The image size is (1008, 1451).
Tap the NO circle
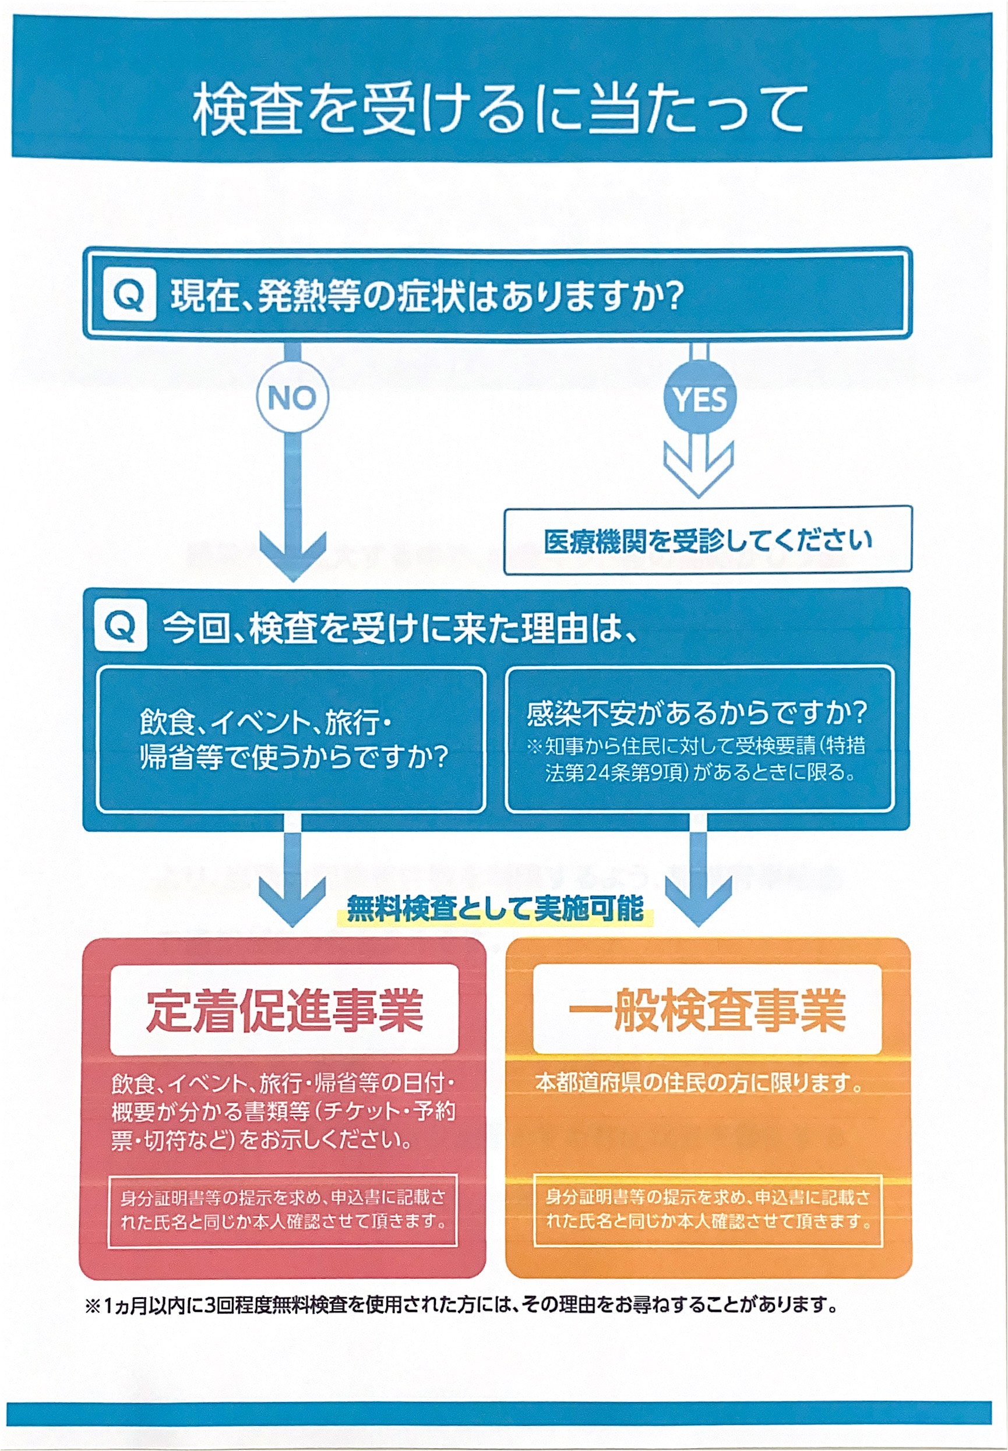pos(292,397)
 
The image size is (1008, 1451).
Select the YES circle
pos(699,398)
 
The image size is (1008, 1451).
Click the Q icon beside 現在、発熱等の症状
pos(129,294)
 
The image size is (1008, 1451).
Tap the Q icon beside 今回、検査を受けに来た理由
pos(121,625)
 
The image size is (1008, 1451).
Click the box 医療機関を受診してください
pos(707,540)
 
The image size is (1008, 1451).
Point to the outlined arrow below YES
pos(699,467)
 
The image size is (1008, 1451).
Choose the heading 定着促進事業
pos(284,1009)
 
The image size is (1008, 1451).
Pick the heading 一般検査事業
pos(707,1009)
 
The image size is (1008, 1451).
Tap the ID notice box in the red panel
pos(283,1211)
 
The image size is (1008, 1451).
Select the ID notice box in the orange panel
pos(707,1211)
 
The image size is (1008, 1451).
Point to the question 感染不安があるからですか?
pos(697,713)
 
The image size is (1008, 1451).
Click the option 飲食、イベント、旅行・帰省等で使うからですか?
pos(294,739)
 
